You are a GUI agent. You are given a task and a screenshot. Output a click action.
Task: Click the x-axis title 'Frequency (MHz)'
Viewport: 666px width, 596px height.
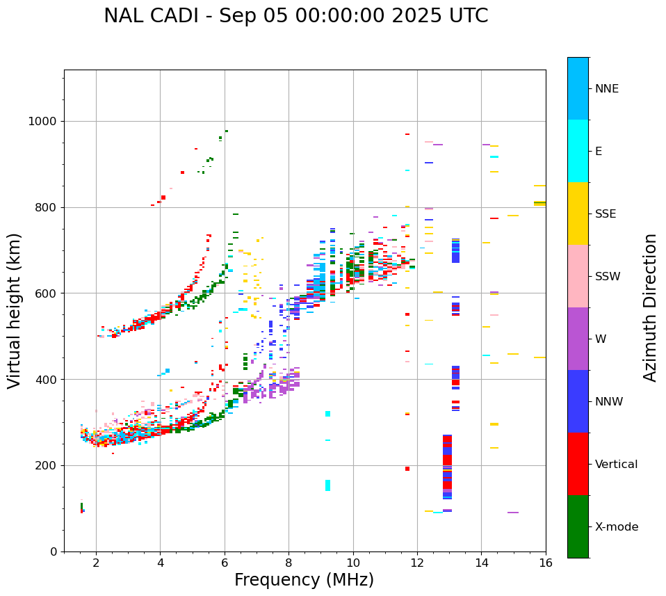304,580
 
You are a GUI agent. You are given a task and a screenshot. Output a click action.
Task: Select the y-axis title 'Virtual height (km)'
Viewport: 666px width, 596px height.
15,311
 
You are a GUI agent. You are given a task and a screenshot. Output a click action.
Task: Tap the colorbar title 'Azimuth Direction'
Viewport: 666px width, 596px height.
650,307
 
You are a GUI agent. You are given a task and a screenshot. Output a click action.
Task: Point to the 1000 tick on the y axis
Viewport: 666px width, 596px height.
43,122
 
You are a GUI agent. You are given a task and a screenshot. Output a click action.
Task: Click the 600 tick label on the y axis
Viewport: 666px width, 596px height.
47,293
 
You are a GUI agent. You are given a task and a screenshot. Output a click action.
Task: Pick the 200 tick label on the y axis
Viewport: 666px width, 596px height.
47,465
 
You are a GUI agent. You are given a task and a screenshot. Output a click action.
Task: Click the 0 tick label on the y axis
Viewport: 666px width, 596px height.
54,551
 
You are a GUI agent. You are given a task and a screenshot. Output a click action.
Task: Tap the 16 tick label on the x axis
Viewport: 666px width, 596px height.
545,563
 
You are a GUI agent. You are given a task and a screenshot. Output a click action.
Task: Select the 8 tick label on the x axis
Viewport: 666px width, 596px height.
289,563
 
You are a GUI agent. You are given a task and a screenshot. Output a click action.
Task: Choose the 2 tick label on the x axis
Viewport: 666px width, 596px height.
96,563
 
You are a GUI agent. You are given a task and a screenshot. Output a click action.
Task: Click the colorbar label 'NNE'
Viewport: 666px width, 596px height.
606,89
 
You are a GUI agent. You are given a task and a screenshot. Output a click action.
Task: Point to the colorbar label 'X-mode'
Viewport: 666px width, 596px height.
616,527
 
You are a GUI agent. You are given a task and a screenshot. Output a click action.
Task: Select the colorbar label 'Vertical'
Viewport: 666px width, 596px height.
616,465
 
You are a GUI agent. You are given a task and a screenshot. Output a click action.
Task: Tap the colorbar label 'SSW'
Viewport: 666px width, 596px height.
608,277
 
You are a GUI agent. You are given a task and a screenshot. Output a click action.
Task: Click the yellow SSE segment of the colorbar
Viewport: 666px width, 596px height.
578,214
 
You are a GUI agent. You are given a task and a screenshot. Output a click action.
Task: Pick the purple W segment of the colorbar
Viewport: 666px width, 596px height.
578,339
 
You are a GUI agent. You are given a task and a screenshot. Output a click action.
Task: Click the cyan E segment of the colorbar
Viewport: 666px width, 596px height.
578,151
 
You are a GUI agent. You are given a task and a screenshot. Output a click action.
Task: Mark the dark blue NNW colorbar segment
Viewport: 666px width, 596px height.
578,401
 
